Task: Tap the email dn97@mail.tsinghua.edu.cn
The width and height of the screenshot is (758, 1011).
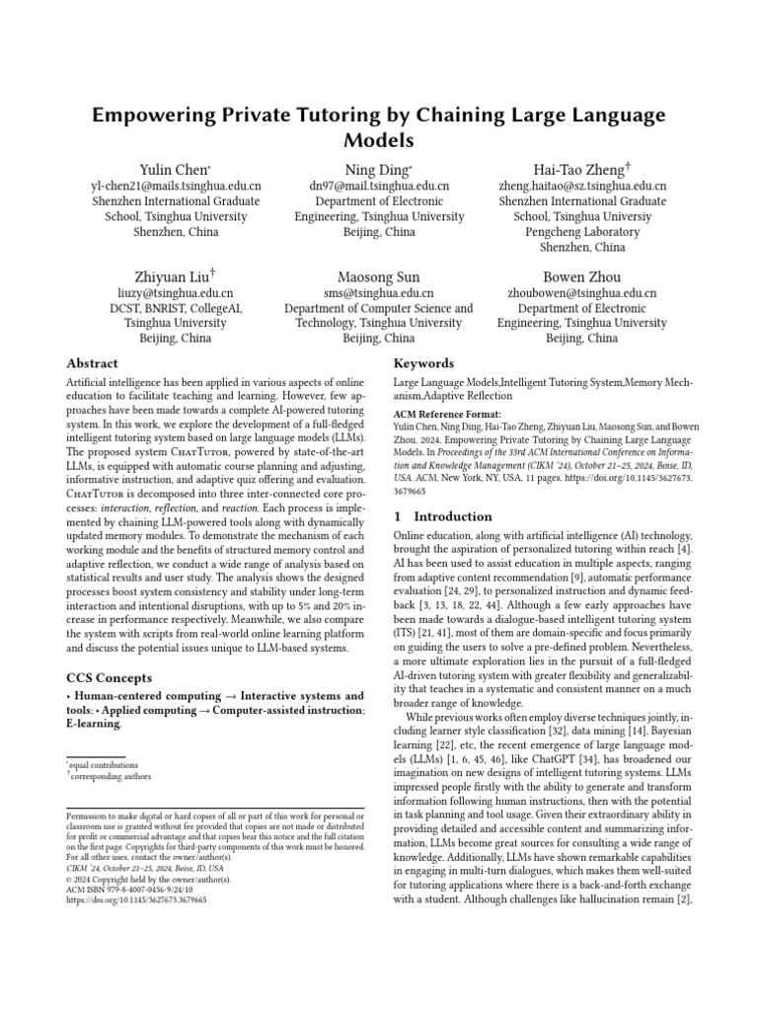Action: pyautogui.click(x=379, y=186)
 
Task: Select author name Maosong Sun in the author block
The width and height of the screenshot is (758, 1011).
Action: pyautogui.click(x=379, y=276)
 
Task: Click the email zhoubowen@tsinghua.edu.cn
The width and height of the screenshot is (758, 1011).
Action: pyautogui.click(x=581, y=293)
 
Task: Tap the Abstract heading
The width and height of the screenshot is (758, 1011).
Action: pyautogui.click(x=92, y=363)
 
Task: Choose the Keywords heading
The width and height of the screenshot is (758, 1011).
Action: pyautogui.click(x=423, y=363)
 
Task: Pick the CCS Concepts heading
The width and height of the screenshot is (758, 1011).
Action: pyautogui.click(x=109, y=678)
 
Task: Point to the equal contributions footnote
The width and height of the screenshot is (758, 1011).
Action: pyautogui.click(x=104, y=765)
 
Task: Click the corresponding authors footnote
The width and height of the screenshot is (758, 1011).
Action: pyautogui.click(x=111, y=776)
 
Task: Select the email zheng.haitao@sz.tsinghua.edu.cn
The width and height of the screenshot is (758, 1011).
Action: pyautogui.click(x=581, y=186)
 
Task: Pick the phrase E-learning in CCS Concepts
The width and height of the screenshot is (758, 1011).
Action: pyautogui.click(x=94, y=724)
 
